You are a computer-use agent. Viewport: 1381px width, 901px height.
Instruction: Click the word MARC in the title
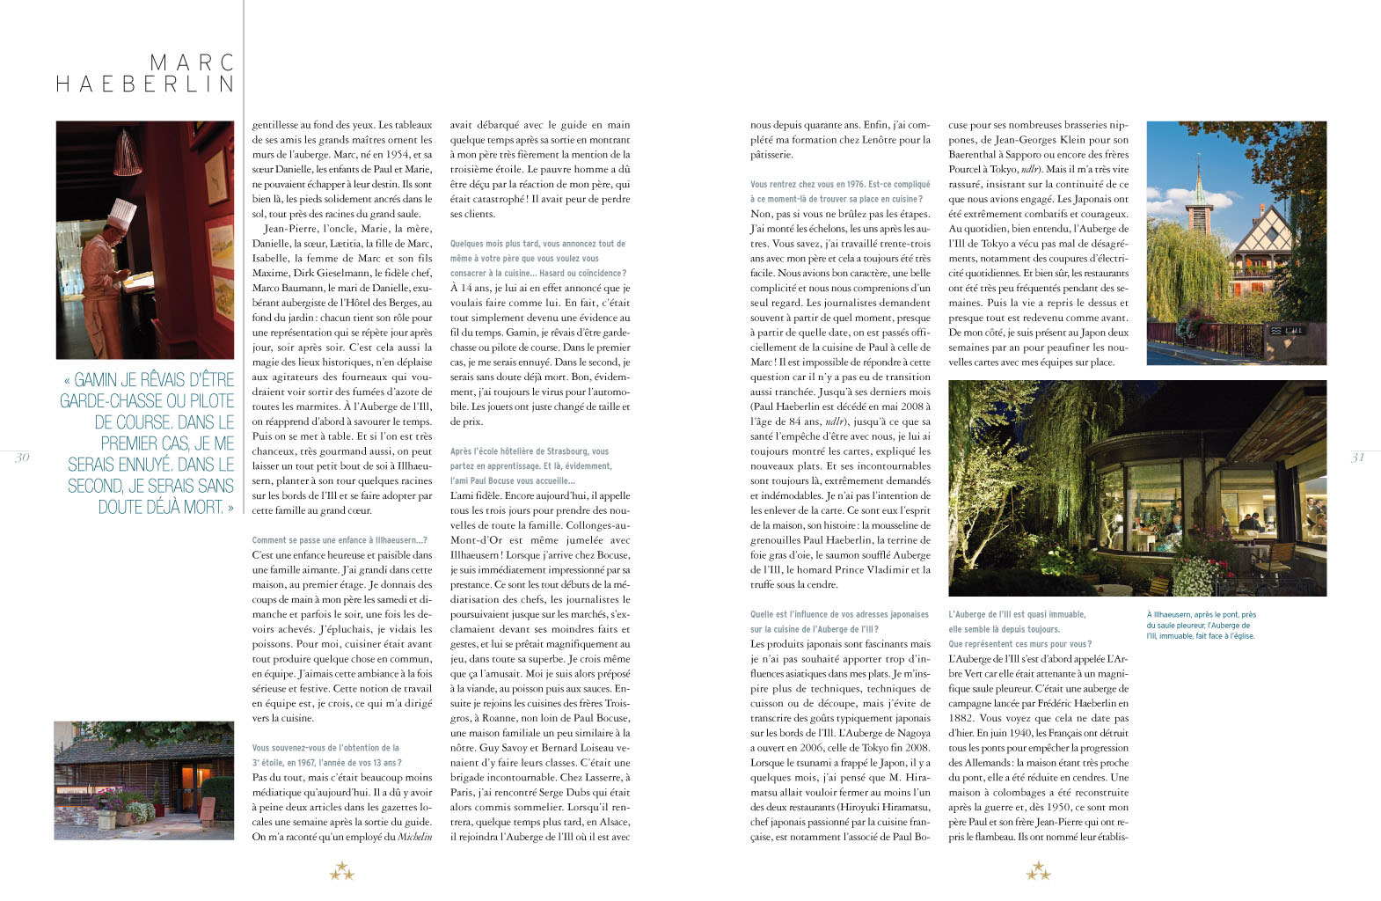click(x=192, y=62)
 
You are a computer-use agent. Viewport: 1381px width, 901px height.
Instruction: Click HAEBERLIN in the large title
click(x=146, y=84)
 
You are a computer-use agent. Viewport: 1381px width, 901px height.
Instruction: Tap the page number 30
click(x=23, y=457)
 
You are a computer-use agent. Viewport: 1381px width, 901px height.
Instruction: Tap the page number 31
click(x=1357, y=457)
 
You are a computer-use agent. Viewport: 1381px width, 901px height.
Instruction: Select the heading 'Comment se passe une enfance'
click(x=339, y=540)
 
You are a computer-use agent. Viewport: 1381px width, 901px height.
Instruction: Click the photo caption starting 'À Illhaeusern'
click(x=1201, y=625)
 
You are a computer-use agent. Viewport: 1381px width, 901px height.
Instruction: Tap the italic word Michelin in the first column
click(x=415, y=837)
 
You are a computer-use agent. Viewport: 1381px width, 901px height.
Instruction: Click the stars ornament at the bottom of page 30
click(x=342, y=872)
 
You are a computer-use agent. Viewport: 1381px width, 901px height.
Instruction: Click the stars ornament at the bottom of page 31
click(x=1038, y=872)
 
